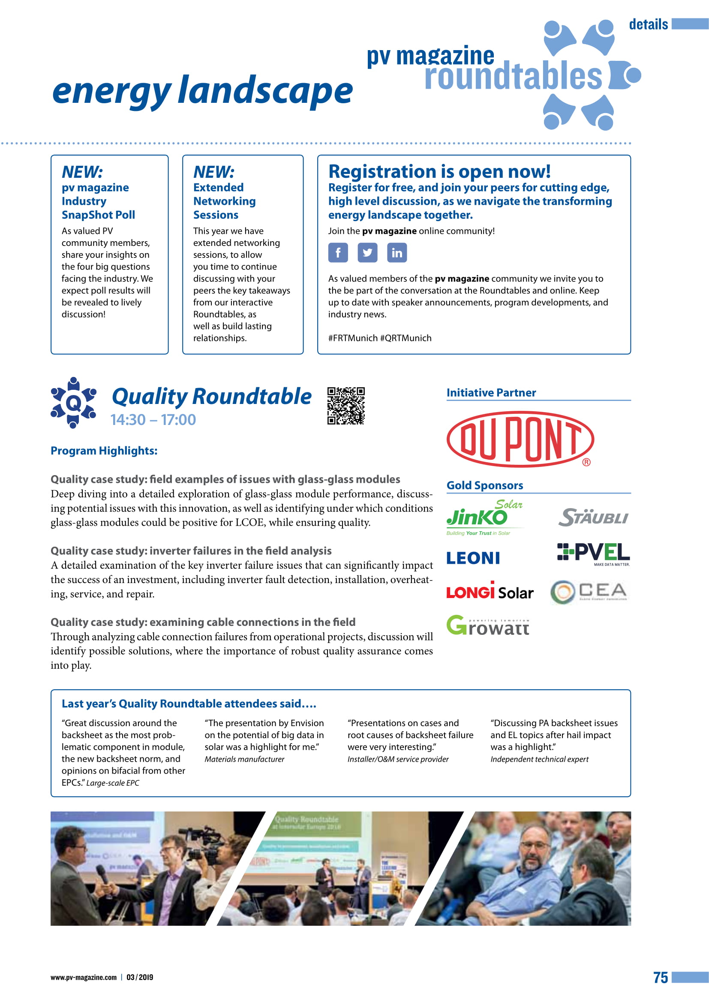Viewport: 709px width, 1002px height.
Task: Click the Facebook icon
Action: (x=338, y=253)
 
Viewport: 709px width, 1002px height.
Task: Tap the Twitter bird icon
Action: (x=367, y=253)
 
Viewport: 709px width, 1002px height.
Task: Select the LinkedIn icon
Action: (x=397, y=253)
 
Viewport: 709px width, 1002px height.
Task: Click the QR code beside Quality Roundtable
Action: (x=346, y=406)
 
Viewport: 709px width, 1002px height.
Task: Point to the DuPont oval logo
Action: (x=520, y=439)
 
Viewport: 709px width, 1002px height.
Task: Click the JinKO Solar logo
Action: (x=484, y=517)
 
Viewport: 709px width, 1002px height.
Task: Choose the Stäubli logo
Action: (x=593, y=517)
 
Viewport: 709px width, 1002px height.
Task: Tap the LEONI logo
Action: (x=473, y=558)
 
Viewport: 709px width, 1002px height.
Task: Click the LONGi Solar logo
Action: (x=490, y=592)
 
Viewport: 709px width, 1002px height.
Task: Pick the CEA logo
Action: (x=589, y=592)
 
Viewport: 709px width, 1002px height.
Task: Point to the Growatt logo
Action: (x=488, y=625)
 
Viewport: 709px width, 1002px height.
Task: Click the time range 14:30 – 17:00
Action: (x=153, y=420)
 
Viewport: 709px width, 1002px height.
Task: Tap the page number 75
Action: (x=661, y=977)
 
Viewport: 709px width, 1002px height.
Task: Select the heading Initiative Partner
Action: (x=491, y=393)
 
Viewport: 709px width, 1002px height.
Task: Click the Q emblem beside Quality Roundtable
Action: (x=73, y=403)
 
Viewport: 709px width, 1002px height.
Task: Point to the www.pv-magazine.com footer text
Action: (x=84, y=977)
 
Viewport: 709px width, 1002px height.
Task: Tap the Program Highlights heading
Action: (x=104, y=451)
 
